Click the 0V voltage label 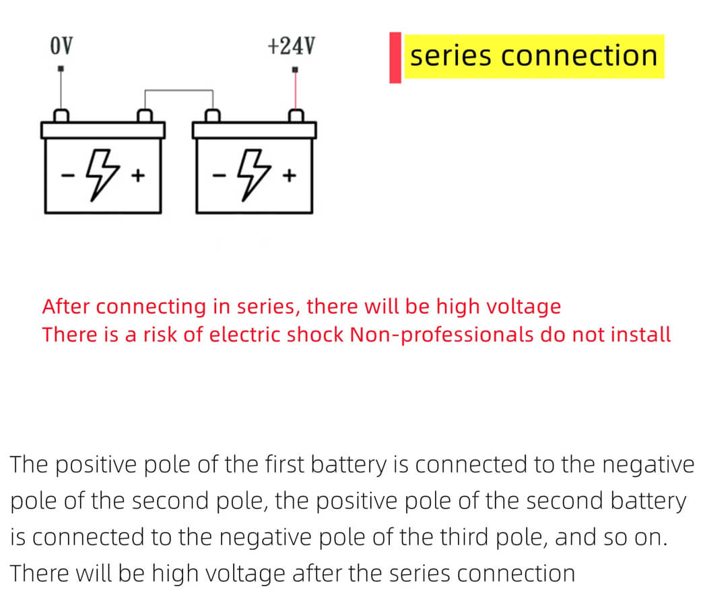[x=61, y=46]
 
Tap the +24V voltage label [x=291, y=46]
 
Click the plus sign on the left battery [x=138, y=177]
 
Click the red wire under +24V [x=295, y=91]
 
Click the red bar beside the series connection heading [x=395, y=57]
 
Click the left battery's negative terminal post [x=61, y=116]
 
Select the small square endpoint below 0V [x=61, y=69]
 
